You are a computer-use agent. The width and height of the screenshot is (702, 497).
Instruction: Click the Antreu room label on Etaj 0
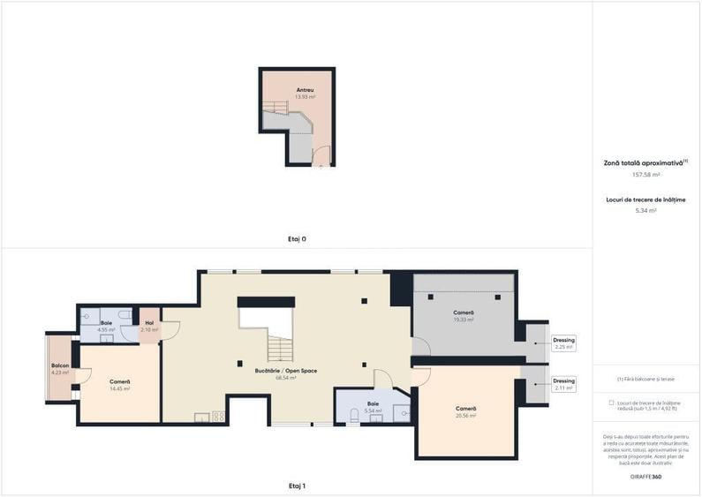(x=306, y=90)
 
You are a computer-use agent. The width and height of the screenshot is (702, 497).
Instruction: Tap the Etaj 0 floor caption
(x=297, y=238)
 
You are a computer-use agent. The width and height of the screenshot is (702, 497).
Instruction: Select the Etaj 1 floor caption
(x=297, y=486)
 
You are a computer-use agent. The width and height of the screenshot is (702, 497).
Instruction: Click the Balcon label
(x=60, y=365)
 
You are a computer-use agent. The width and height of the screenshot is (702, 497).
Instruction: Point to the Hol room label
(x=149, y=323)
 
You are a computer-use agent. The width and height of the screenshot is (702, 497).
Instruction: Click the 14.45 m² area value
(x=120, y=388)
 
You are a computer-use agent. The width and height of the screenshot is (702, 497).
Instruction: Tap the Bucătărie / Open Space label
(x=285, y=371)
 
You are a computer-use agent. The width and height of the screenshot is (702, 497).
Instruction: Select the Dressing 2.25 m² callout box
(x=563, y=343)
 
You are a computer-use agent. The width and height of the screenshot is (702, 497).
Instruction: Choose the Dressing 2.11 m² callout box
(x=563, y=384)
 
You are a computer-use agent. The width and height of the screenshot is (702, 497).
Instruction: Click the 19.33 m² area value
(x=464, y=320)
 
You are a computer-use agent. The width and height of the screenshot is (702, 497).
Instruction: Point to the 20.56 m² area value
(x=465, y=416)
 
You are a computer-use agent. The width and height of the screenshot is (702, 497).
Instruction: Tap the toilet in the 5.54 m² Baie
(x=354, y=414)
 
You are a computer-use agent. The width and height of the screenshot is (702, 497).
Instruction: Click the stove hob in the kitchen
(x=217, y=417)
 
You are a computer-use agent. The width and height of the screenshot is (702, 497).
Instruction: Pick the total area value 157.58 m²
(x=646, y=175)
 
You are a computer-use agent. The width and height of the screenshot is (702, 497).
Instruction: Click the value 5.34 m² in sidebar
(x=646, y=211)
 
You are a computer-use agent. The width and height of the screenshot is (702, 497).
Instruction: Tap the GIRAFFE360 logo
(x=646, y=477)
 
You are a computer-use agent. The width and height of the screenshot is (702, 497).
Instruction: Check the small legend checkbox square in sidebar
(x=611, y=403)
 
